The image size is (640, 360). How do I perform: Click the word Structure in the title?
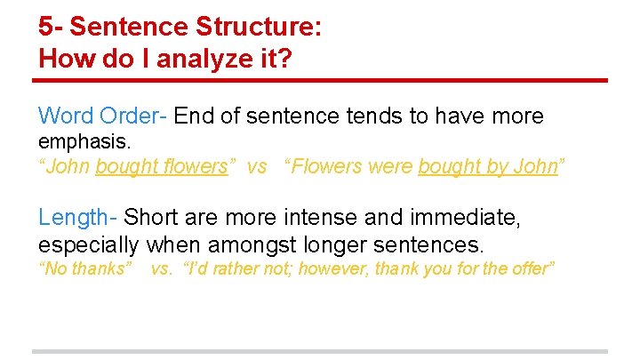point(263,27)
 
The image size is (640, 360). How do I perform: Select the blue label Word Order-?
point(103,116)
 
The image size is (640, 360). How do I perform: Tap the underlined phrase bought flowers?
point(161,167)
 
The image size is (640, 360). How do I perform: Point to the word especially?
point(89,244)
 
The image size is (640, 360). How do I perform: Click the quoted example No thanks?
point(85,268)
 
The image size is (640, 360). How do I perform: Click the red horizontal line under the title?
point(320,81)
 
